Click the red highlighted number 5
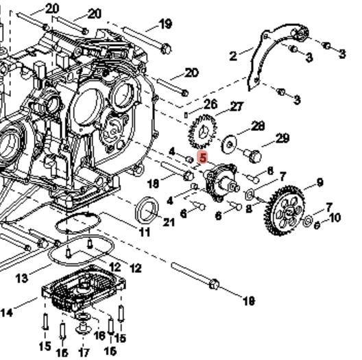[203, 158]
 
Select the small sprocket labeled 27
[203, 132]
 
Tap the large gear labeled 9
[285, 211]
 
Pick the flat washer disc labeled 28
[229, 145]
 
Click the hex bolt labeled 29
[253, 156]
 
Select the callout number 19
[165, 24]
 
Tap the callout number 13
[22, 278]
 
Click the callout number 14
[6, 313]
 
